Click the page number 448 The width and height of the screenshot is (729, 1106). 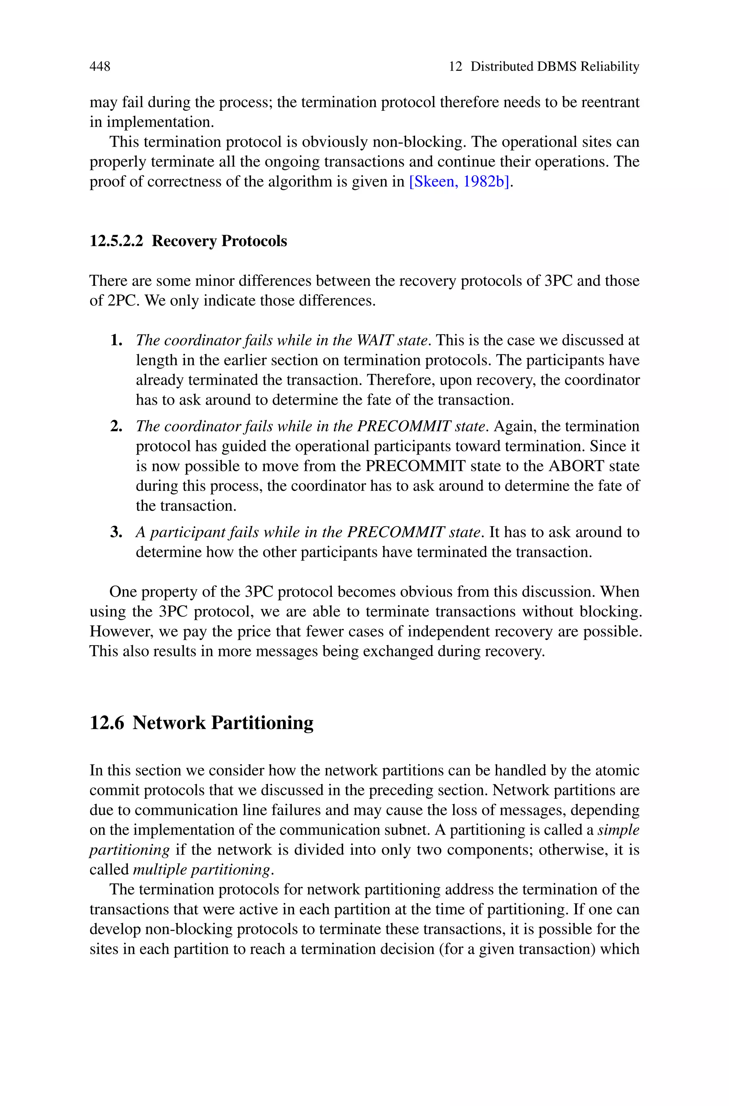100,67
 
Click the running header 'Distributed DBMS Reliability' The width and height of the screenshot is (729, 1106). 555,67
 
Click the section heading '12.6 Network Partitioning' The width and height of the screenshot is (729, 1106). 201,723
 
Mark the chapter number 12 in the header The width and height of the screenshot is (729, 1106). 455,67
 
